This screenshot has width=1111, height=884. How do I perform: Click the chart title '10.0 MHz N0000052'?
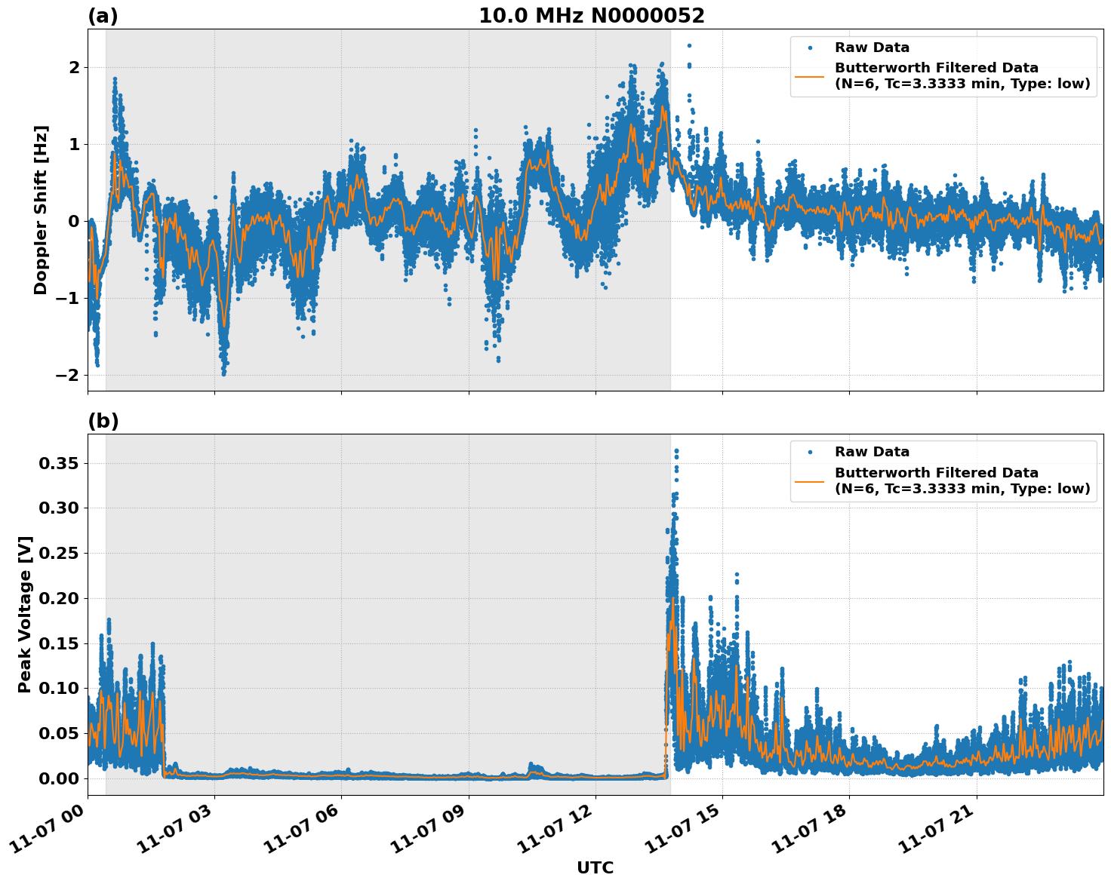pyautogui.click(x=591, y=16)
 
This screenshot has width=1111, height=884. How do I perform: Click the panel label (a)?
pyautogui.click(x=103, y=16)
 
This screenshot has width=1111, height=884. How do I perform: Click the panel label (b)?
pyautogui.click(x=103, y=421)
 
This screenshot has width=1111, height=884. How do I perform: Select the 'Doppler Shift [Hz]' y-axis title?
pyautogui.click(x=41, y=210)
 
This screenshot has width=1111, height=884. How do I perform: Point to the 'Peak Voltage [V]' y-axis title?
pyautogui.click(x=25, y=615)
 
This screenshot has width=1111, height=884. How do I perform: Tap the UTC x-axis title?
pyautogui.click(x=595, y=867)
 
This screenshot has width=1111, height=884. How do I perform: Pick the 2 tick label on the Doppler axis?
pyautogui.click(x=74, y=67)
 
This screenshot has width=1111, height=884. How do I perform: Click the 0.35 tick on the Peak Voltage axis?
pyautogui.click(x=58, y=463)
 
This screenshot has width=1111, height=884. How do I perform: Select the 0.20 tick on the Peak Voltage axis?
pyautogui.click(x=58, y=598)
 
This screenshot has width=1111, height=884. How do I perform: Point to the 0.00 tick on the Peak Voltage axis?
pyautogui.click(x=58, y=778)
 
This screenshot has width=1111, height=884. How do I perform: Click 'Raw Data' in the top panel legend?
pyautogui.click(x=872, y=48)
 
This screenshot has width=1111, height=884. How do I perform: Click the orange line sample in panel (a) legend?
pyautogui.click(x=809, y=75)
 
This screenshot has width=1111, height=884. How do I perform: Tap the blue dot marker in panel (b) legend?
pyautogui.click(x=809, y=452)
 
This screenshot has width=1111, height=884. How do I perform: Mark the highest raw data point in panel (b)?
pyautogui.click(x=676, y=451)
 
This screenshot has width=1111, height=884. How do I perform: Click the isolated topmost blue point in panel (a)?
pyautogui.click(x=688, y=46)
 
